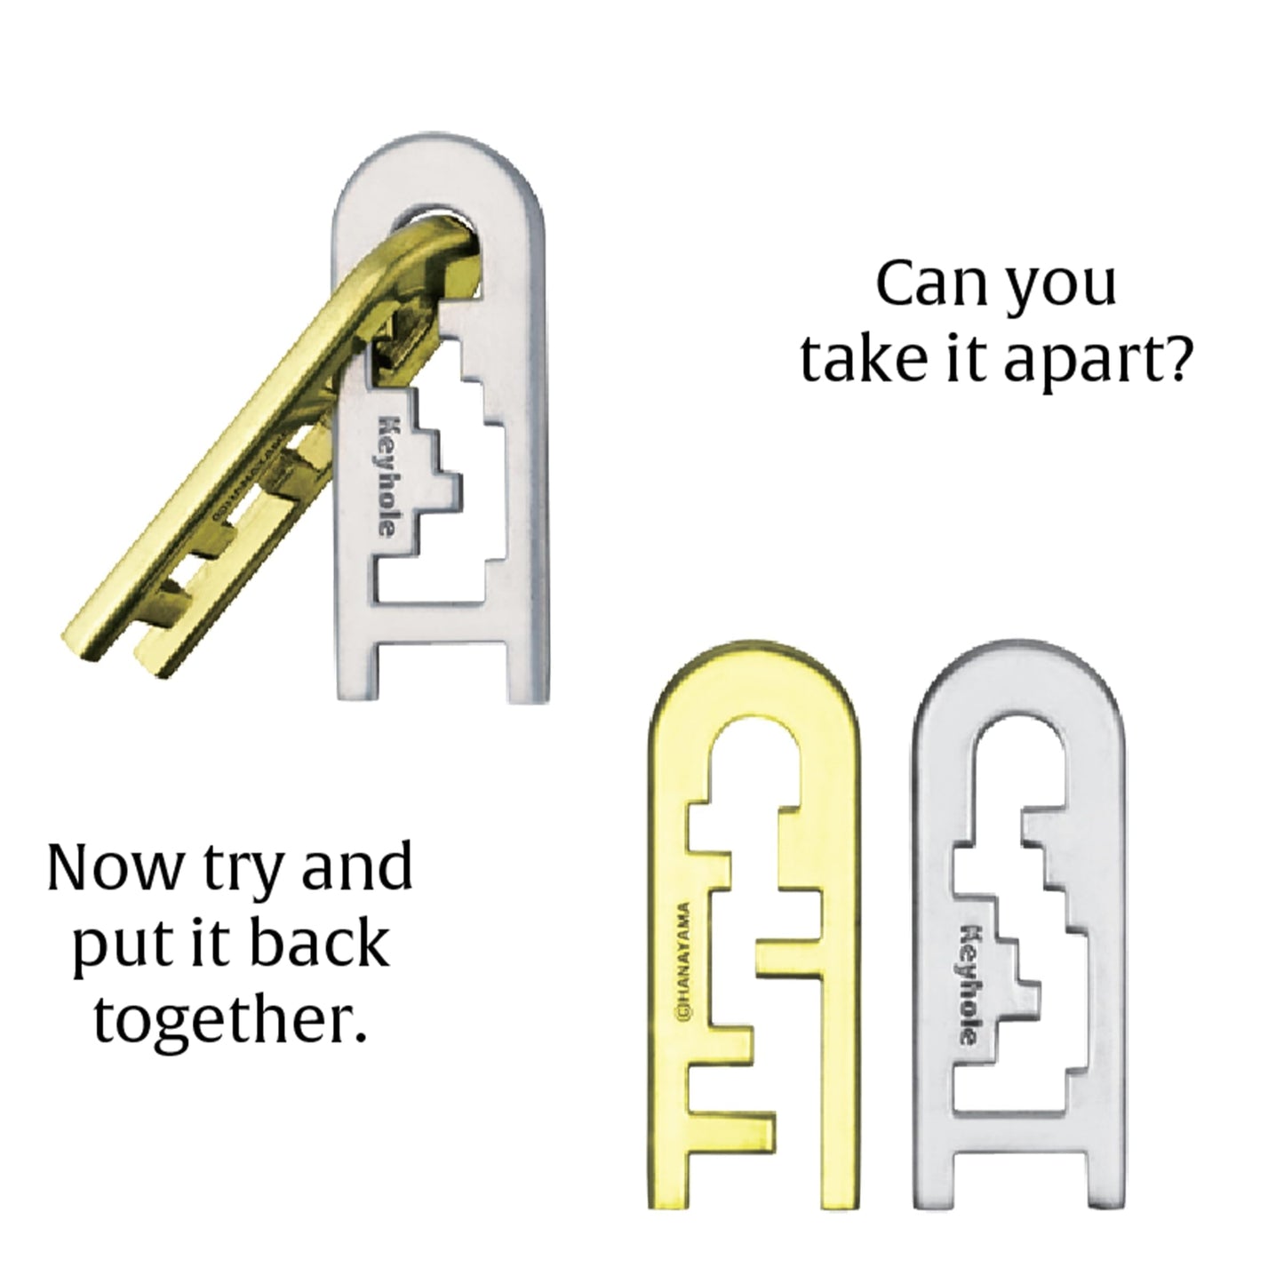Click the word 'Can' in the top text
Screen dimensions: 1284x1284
tap(921, 284)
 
